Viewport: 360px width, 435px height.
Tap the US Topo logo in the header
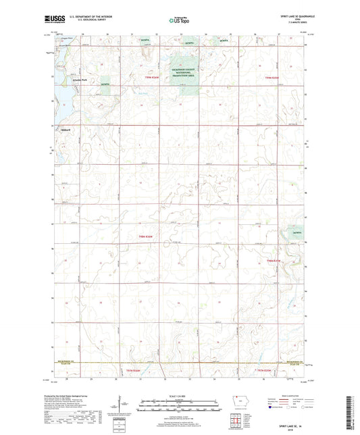178,20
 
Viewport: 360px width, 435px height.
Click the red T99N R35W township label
272,79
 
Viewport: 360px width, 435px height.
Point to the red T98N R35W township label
272,260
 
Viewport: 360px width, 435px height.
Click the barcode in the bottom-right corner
351,413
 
